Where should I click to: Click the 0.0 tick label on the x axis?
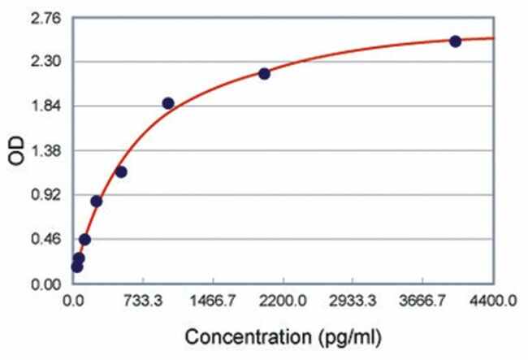[74, 301]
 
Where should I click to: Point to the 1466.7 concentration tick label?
[213, 301]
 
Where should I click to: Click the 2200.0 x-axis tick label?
[283, 301]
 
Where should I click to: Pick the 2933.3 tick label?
[353, 301]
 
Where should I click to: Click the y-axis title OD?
[15, 151]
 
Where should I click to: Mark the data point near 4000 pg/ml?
[456, 41]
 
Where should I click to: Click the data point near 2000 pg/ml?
[264, 73]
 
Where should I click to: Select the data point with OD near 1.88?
[168, 103]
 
